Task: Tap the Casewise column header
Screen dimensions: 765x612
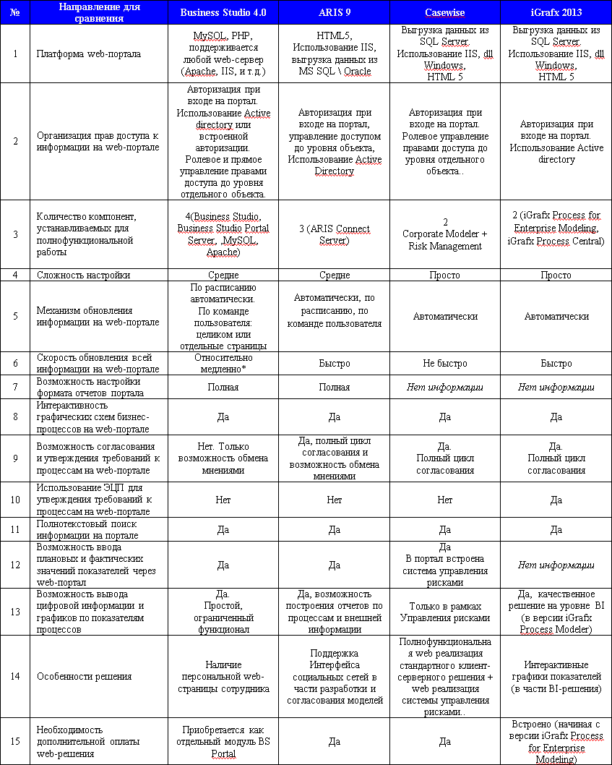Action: coord(445,13)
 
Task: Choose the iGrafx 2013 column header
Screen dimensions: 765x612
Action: coord(556,13)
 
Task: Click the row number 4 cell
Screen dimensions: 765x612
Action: coord(15,275)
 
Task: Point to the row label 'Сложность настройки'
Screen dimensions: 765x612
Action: coord(84,275)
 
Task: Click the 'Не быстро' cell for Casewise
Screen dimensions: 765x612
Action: coord(445,364)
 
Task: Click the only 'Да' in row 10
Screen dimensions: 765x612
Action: coord(556,500)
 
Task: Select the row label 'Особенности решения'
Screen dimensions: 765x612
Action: coord(84,676)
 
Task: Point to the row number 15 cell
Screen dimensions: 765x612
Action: coord(15,742)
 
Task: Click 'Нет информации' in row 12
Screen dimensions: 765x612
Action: coord(556,565)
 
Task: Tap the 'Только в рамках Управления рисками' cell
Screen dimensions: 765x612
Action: coord(445,612)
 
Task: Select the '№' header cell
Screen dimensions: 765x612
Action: coord(15,13)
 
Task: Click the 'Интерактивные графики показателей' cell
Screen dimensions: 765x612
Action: coord(556,676)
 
